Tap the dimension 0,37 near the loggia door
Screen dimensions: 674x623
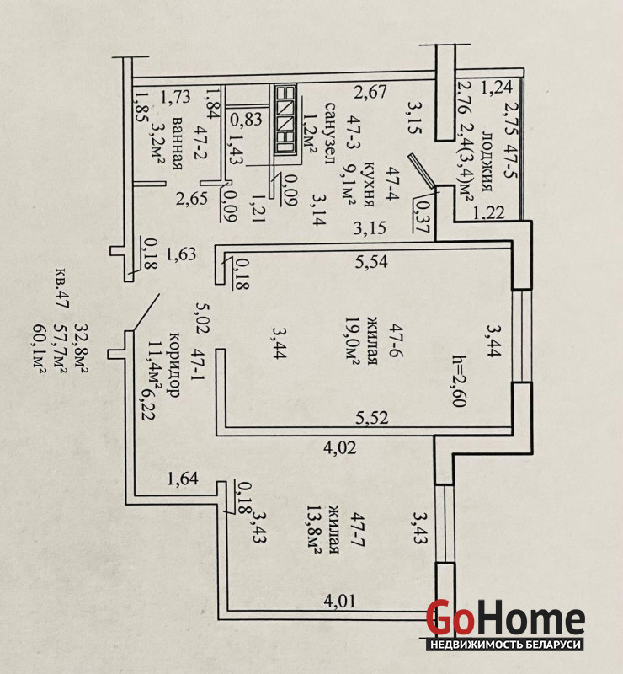(422, 214)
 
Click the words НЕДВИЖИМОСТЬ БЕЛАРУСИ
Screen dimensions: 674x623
(506, 644)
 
